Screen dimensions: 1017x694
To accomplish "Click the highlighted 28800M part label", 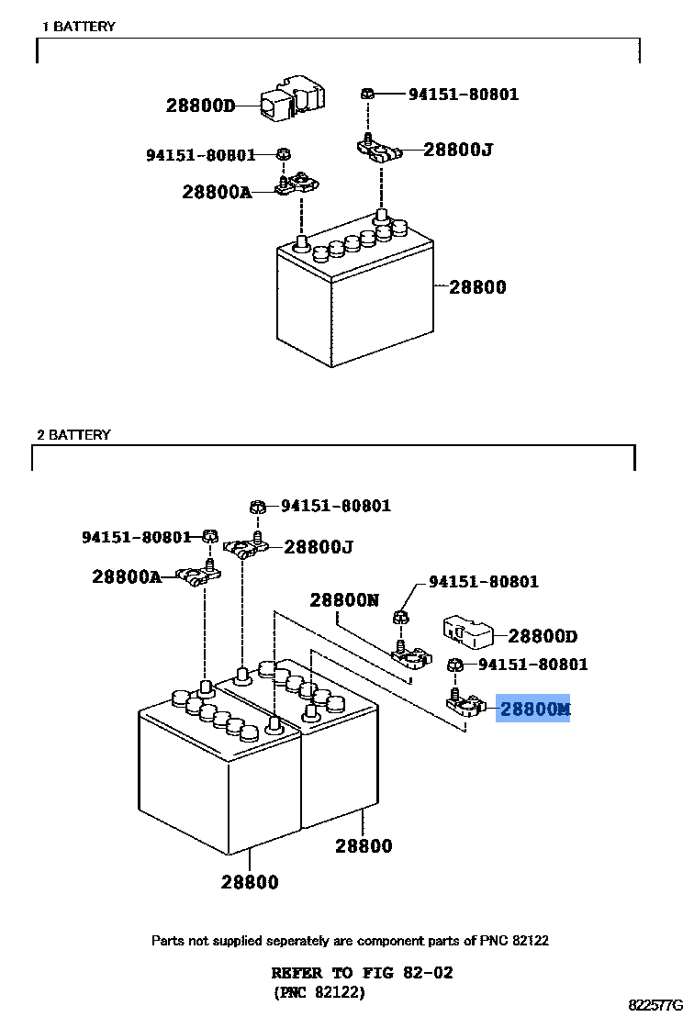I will point(534,710).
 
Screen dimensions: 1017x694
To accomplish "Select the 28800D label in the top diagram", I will point(200,106).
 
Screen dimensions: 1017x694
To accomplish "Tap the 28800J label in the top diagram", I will point(458,149).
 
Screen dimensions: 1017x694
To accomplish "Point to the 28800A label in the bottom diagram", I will point(126,576).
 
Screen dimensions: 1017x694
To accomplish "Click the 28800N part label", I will point(343,600).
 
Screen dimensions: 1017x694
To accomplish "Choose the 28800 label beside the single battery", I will point(477,287).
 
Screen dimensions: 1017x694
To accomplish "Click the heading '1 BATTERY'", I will point(79,27).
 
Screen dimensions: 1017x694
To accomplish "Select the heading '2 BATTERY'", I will point(73,434).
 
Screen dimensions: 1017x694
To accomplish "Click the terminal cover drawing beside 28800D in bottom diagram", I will point(469,632).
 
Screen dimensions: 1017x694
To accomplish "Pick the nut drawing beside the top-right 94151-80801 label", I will point(366,94).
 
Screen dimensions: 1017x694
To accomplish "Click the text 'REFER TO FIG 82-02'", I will point(362,973).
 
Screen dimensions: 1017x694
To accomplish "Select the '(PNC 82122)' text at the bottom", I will point(319,992).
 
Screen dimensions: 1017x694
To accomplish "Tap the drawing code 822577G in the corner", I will point(655,1006).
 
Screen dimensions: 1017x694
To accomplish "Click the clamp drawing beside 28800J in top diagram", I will point(378,150).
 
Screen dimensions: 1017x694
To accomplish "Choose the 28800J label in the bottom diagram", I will point(319,547).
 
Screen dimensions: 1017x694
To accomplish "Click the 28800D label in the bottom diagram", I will point(543,636).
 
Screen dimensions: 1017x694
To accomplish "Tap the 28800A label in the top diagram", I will point(216,192).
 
